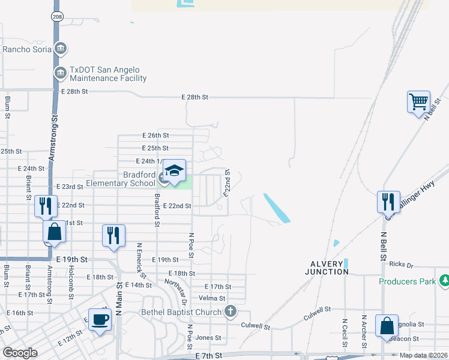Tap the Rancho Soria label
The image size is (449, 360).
click(27, 49)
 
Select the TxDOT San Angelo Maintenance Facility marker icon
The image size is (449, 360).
click(61, 73)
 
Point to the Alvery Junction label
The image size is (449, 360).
click(330, 268)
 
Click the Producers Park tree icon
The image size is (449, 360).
click(444, 280)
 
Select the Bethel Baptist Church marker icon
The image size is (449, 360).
click(229, 311)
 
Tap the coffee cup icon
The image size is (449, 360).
click(100, 319)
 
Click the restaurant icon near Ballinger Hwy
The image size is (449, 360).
click(388, 201)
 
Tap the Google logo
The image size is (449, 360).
click(20, 353)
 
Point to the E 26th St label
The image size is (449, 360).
click(155, 136)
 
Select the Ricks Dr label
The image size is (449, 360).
click(401, 265)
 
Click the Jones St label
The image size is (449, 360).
click(208, 338)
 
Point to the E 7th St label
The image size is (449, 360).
click(209, 356)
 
